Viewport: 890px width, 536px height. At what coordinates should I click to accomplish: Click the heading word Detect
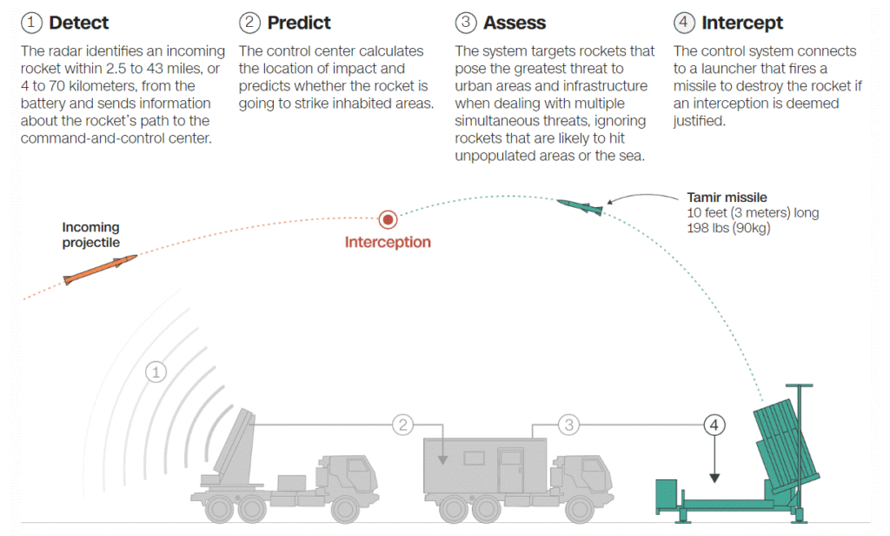point(78,23)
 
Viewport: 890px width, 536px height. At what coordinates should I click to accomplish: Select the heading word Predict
point(299,23)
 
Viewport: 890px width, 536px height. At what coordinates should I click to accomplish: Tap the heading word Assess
point(515,23)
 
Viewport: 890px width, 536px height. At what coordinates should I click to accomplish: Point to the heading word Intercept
point(742,23)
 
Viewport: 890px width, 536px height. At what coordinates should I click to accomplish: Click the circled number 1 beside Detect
point(31,23)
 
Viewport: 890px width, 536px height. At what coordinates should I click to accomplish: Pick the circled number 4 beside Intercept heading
point(684,23)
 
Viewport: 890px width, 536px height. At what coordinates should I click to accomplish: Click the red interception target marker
point(388,219)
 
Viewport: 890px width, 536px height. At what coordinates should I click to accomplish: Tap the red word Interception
point(388,242)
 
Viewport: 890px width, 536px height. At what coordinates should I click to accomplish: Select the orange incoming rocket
point(100,270)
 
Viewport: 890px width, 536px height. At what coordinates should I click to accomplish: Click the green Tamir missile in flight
point(580,207)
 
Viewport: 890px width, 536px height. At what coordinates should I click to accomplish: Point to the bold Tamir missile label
point(727,198)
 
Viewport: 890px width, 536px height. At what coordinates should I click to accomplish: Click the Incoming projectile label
point(90,235)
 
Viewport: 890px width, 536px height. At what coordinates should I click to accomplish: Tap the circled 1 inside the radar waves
point(156,372)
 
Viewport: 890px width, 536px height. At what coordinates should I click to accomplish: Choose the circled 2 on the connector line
point(403,425)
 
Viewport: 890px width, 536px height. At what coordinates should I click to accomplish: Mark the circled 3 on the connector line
point(568,425)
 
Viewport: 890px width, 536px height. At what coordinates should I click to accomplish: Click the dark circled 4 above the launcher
point(714,425)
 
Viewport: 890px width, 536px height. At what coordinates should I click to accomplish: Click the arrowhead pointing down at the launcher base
point(714,479)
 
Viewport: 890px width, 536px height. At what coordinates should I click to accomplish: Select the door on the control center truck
point(510,470)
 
